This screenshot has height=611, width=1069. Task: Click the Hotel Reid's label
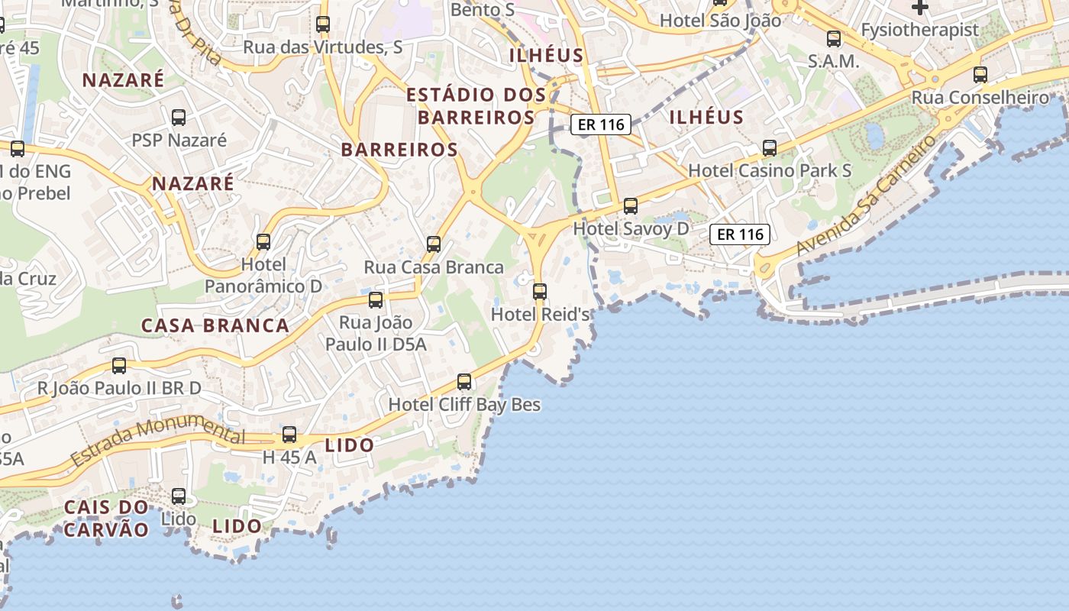tap(540, 314)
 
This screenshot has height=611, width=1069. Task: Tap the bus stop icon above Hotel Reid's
tap(540, 291)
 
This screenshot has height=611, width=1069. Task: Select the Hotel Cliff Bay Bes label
tap(464, 404)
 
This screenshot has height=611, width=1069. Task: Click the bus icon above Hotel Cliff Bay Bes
tap(464, 381)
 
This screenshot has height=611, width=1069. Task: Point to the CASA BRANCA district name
tap(215, 325)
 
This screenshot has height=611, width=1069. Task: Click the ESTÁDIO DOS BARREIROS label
tap(476, 106)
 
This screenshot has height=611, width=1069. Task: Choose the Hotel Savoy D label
tap(631, 228)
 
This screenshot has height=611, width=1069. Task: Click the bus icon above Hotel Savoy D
tap(631, 205)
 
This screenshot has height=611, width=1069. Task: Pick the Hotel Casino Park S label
tap(770, 170)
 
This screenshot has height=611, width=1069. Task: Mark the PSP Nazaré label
tap(179, 140)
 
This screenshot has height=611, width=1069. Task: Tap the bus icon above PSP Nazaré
tap(179, 117)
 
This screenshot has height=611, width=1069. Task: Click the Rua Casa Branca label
tap(434, 267)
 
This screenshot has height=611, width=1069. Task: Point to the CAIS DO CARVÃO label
tap(106, 518)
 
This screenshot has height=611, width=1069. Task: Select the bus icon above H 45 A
tap(289, 435)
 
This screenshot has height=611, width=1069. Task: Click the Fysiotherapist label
tap(919, 30)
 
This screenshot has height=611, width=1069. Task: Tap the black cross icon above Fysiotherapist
tap(920, 8)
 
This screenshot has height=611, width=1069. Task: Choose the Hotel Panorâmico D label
tap(263, 275)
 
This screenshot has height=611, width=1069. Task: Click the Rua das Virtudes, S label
tap(323, 47)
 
